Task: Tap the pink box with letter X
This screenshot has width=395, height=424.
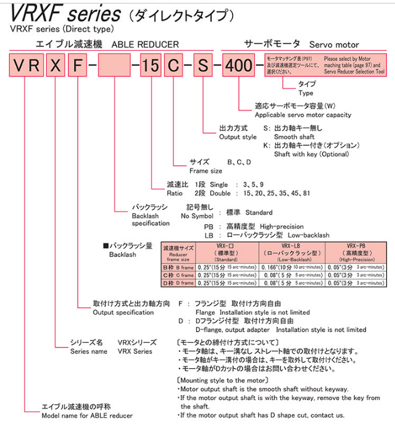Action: tap(55, 66)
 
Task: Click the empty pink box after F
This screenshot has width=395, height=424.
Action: tap(115, 66)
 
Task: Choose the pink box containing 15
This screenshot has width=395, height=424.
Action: tap(151, 66)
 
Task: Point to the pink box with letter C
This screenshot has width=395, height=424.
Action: tap(173, 66)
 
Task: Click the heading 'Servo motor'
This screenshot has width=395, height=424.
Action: tap(334, 45)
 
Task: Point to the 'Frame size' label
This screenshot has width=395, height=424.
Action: tap(205, 171)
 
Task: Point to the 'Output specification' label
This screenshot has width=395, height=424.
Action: tap(124, 312)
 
